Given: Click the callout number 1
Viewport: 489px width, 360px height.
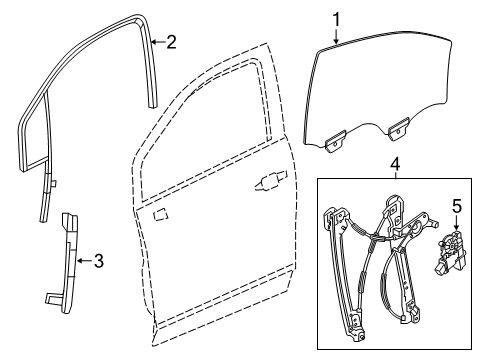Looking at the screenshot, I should point(337,17).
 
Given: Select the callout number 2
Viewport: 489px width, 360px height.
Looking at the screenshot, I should point(171,41).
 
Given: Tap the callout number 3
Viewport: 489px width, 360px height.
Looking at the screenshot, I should point(98,262).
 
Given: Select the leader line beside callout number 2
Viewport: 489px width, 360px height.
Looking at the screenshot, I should point(157,42).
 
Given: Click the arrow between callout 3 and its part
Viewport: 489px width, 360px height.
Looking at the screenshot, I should point(84,262).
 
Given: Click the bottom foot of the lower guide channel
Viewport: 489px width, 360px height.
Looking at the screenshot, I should point(56,298).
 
